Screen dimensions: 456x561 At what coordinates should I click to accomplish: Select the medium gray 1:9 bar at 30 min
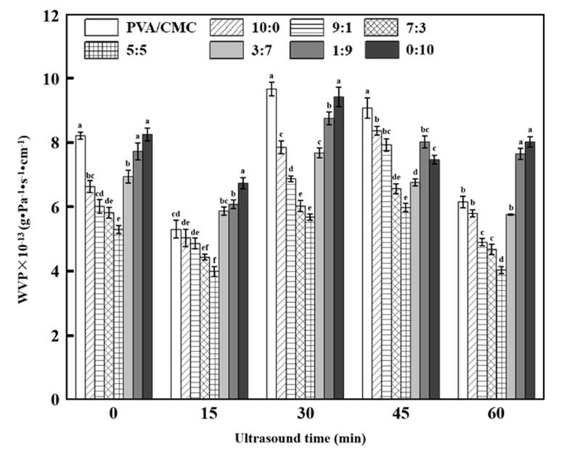(x=329, y=258)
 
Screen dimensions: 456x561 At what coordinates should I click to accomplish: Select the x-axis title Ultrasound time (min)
(x=300, y=438)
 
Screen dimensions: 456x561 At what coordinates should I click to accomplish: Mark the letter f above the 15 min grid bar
(x=214, y=259)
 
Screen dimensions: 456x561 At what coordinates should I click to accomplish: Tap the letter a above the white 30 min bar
(x=271, y=76)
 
